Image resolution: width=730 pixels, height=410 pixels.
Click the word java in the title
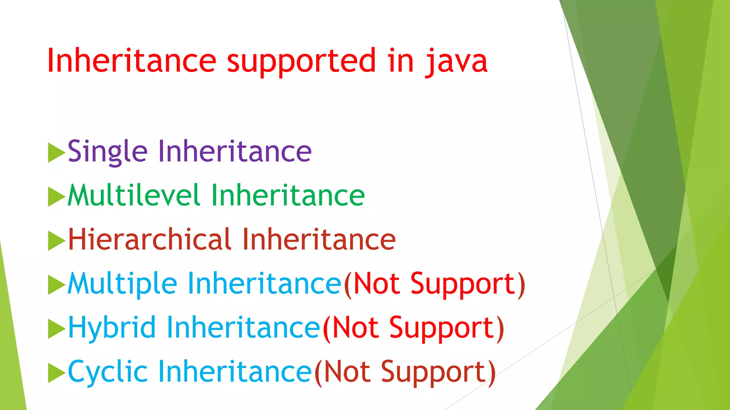coord(456,61)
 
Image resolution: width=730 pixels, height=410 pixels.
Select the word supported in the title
coord(301,61)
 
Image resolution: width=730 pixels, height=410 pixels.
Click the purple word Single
coord(107,152)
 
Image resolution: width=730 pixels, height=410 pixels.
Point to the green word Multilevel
coord(133,195)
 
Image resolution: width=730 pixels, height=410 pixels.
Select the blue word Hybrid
coord(112,328)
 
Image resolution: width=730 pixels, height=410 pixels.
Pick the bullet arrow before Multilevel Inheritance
coord(56,196)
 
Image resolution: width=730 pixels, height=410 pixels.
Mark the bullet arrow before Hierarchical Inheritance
coord(56,241)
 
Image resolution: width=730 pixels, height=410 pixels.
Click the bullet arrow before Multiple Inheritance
coord(56,285)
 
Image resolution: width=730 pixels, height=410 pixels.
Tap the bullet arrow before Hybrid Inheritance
coord(56,328)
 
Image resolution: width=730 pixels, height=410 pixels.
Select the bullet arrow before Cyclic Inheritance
coord(56,373)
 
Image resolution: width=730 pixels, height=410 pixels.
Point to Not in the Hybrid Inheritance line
coord(355,328)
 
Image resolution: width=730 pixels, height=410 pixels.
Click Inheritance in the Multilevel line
coord(288,195)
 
